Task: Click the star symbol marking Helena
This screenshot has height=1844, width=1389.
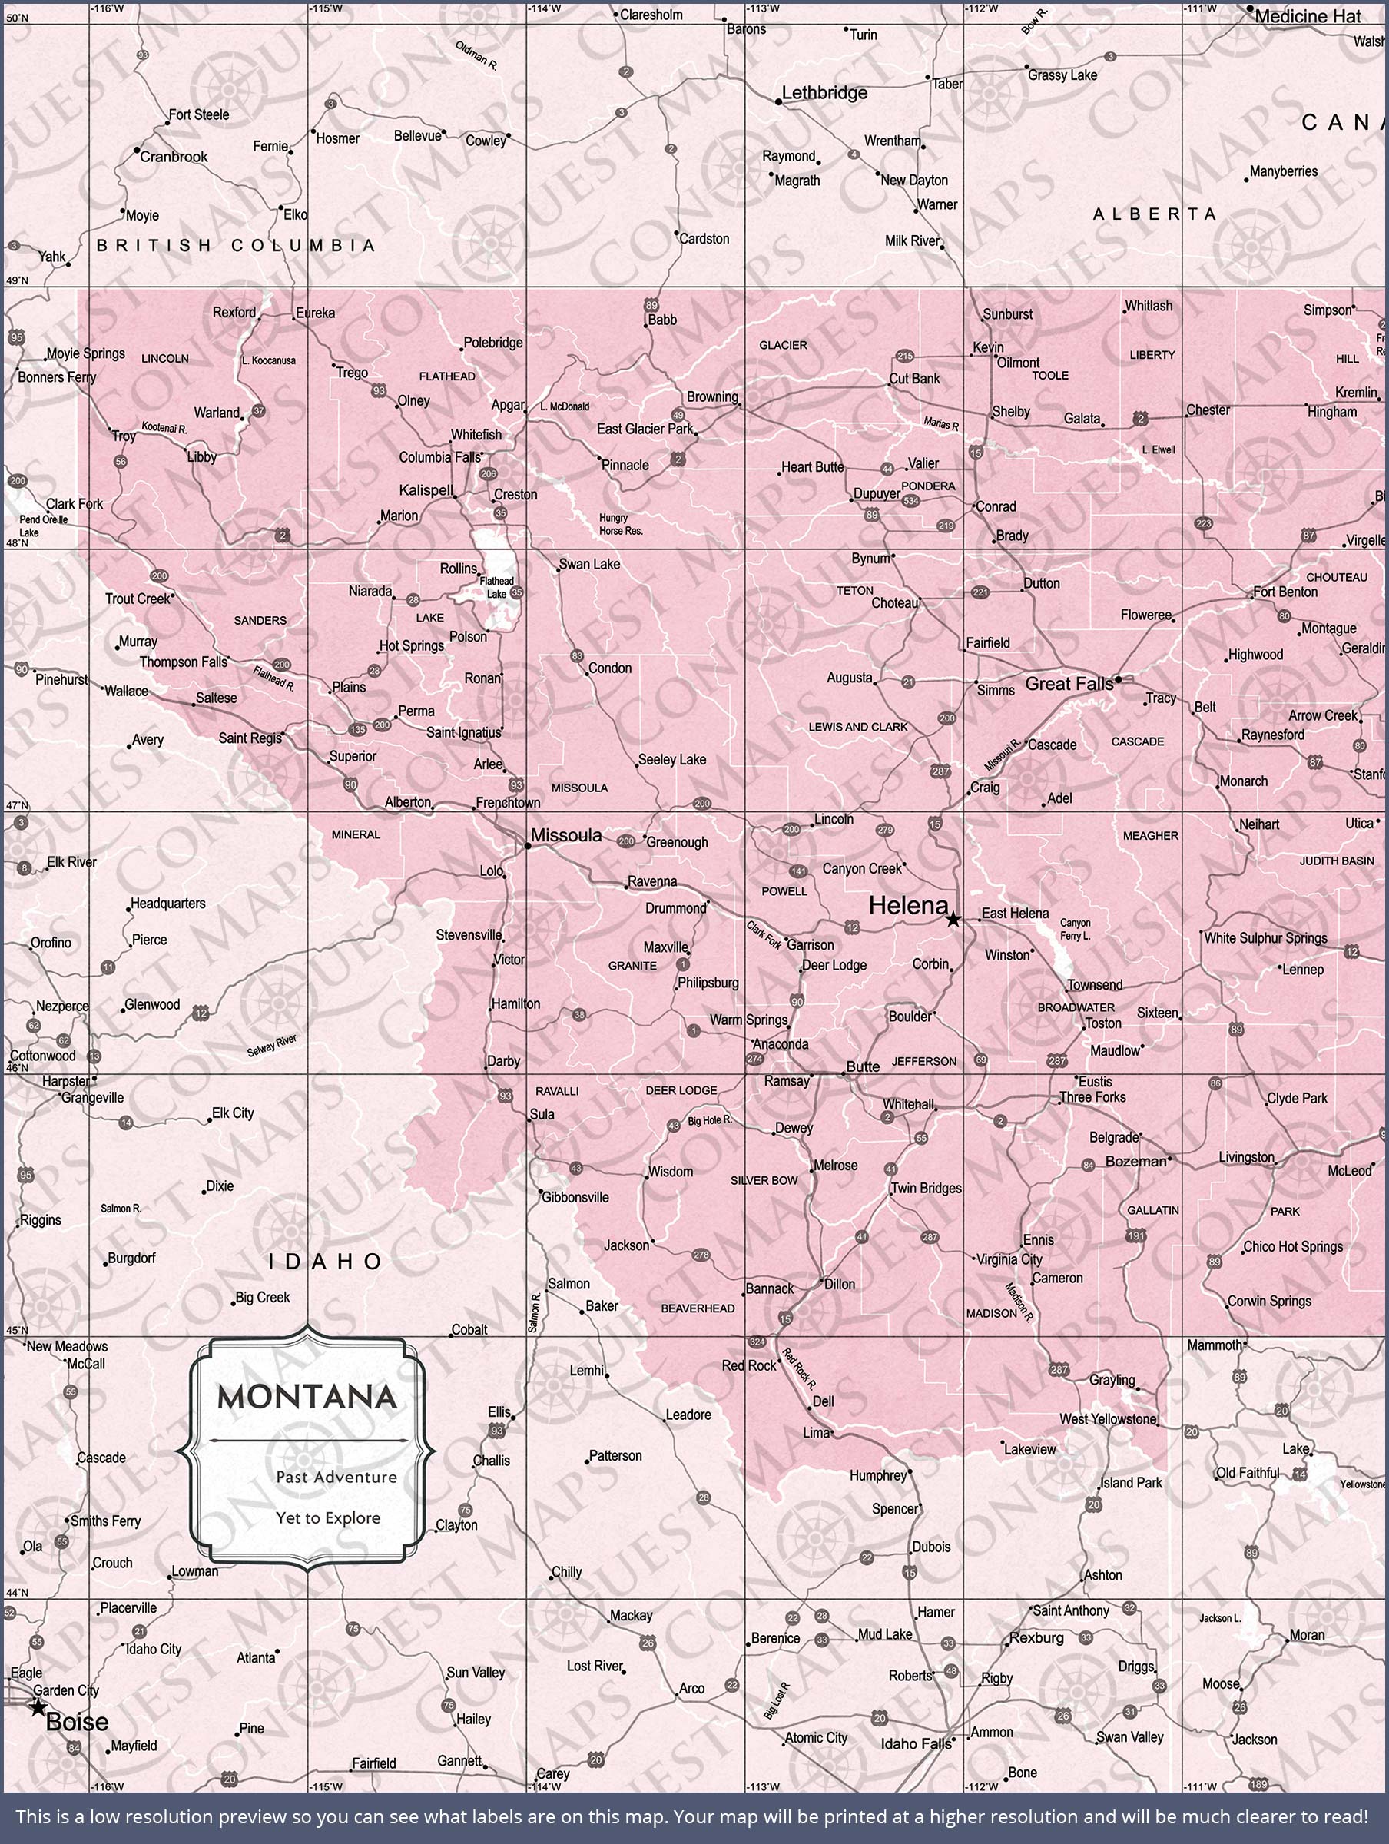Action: (x=953, y=920)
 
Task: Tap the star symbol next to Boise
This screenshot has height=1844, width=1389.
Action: (x=38, y=1707)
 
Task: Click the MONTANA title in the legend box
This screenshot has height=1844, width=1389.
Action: (x=307, y=1397)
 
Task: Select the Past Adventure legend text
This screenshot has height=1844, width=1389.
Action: (x=336, y=1478)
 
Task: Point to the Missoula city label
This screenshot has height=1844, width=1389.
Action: (x=566, y=835)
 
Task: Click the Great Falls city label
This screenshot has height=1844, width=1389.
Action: (x=1068, y=684)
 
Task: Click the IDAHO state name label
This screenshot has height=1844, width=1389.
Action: (x=326, y=1262)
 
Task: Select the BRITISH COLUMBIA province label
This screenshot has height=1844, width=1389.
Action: (x=236, y=245)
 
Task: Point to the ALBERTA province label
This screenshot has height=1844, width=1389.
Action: (x=1155, y=214)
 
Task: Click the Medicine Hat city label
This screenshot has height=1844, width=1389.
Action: (x=1308, y=16)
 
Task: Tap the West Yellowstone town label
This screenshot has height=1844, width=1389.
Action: (x=1108, y=1419)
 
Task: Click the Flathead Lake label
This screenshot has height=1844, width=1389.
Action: (x=497, y=588)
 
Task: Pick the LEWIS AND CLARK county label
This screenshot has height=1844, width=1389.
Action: (x=858, y=727)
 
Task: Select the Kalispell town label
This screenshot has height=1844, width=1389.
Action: (x=425, y=490)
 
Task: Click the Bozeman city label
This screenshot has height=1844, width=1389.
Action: (x=1135, y=1161)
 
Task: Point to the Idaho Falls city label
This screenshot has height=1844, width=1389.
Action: (x=916, y=1744)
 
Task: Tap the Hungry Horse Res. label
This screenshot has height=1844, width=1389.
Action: (x=620, y=524)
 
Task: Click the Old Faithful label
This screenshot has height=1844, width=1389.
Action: (x=1246, y=1473)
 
